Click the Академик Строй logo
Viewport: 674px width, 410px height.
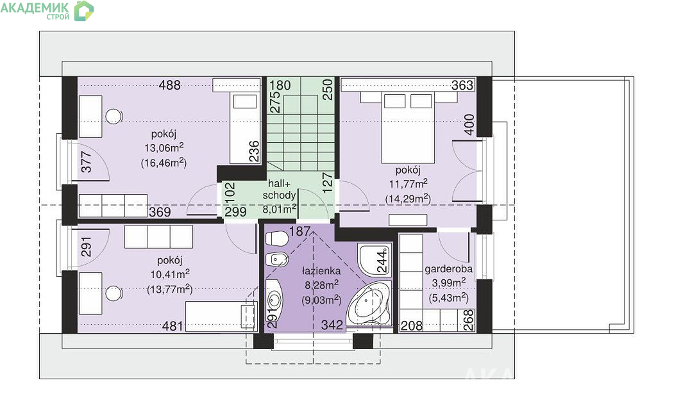(x=47, y=11)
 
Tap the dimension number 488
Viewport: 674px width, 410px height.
(x=170, y=85)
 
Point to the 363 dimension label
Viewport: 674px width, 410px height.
(x=462, y=85)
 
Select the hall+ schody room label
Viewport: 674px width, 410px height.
(x=279, y=190)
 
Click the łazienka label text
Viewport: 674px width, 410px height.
(x=321, y=271)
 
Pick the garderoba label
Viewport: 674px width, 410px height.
(x=448, y=269)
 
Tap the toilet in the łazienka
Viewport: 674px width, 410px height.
(x=276, y=238)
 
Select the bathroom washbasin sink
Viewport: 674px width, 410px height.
(x=273, y=300)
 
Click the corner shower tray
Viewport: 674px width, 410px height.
(x=374, y=259)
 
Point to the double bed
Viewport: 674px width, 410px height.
(x=408, y=127)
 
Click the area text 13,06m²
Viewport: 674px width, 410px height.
(x=164, y=148)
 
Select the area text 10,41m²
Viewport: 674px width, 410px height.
(x=170, y=274)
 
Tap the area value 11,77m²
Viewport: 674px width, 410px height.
(x=408, y=184)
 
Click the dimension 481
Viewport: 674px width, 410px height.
(x=173, y=326)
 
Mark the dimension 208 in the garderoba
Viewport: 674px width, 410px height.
(x=411, y=326)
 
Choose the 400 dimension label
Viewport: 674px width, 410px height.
(x=469, y=124)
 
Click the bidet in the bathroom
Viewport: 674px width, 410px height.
(x=276, y=259)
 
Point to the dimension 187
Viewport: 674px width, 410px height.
(x=299, y=231)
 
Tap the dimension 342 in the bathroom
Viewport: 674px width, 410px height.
(x=332, y=325)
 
